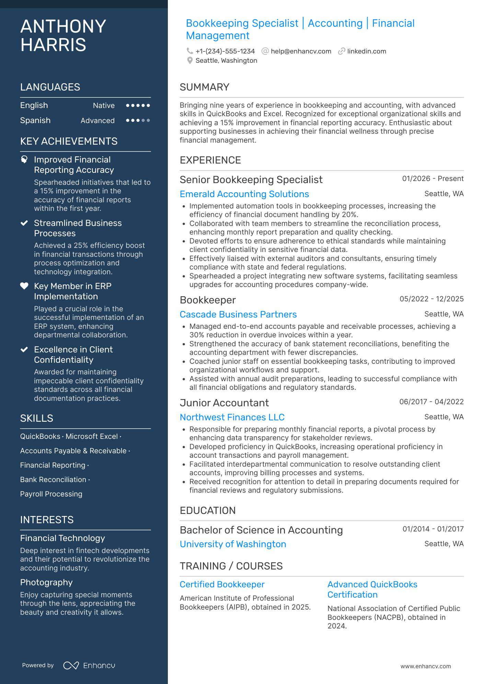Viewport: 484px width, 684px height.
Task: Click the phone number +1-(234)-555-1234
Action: (225, 51)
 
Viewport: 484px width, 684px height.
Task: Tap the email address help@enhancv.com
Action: (301, 51)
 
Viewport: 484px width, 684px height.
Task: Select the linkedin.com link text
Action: (366, 51)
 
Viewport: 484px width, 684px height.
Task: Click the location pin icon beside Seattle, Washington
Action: (190, 61)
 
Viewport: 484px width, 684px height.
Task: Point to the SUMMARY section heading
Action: (204, 87)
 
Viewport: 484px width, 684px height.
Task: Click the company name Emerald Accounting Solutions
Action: (244, 194)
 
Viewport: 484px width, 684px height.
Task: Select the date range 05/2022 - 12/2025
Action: (431, 299)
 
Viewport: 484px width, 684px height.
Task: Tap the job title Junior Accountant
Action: (224, 403)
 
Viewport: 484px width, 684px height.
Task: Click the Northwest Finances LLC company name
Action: (232, 417)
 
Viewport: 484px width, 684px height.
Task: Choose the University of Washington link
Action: (233, 544)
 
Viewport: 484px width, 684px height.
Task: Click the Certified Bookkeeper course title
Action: (222, 584)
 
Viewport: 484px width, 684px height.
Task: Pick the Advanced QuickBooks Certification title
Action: (372, 589)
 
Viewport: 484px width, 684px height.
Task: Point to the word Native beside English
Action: (104, 106)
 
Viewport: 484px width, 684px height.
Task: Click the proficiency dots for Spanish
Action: (138, 120)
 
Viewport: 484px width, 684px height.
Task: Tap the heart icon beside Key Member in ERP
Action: (24, 286)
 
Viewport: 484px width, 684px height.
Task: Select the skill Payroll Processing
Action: (51, 494)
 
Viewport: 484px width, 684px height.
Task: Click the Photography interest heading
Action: (46, 583)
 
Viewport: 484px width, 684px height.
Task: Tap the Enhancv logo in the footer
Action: (89, 665)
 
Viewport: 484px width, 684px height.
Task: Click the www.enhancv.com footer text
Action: (425, 667)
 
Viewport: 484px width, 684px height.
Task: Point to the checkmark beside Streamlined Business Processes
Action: (24, 223)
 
